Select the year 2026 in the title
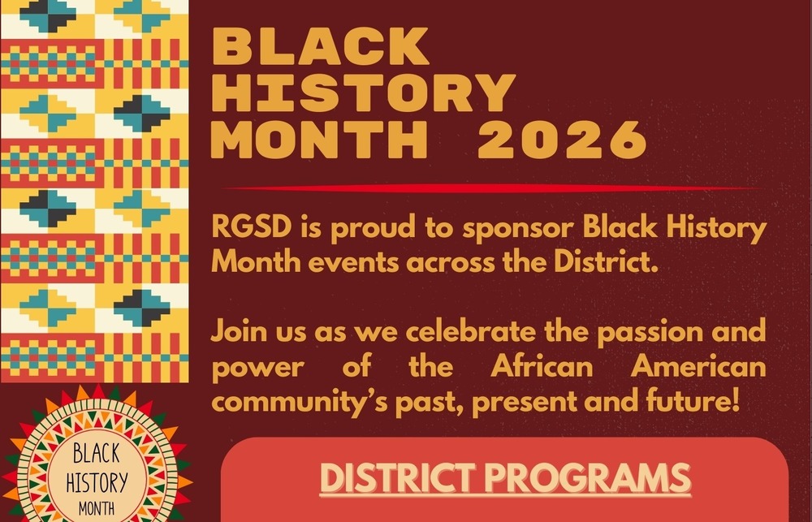click(561, 141)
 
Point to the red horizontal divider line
click(487, 188)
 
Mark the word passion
click(647, 333)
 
